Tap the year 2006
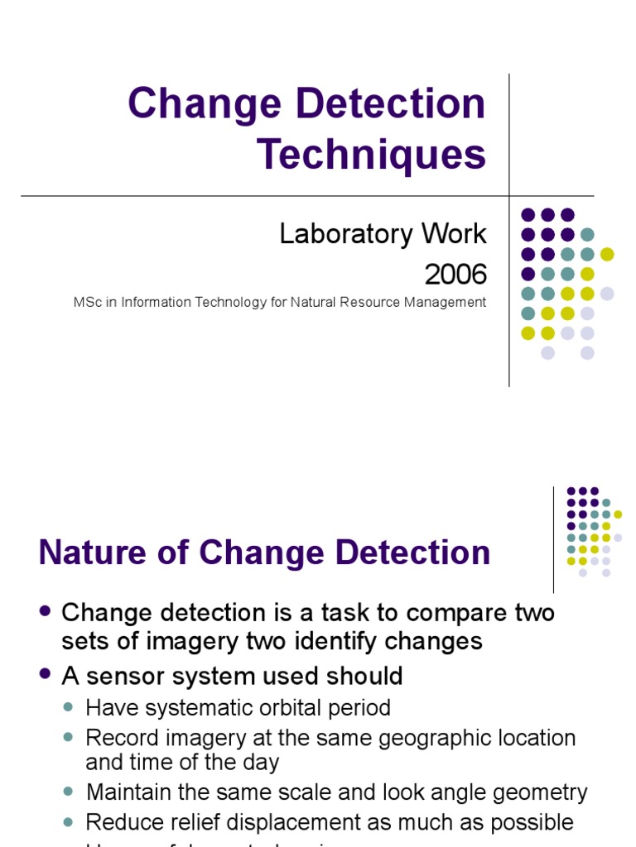455,273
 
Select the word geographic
425,737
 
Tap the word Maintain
131,792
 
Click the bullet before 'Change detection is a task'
46,611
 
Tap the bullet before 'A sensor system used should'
46,675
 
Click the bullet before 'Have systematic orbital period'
70,708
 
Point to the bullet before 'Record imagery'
70,736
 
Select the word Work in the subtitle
451,234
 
